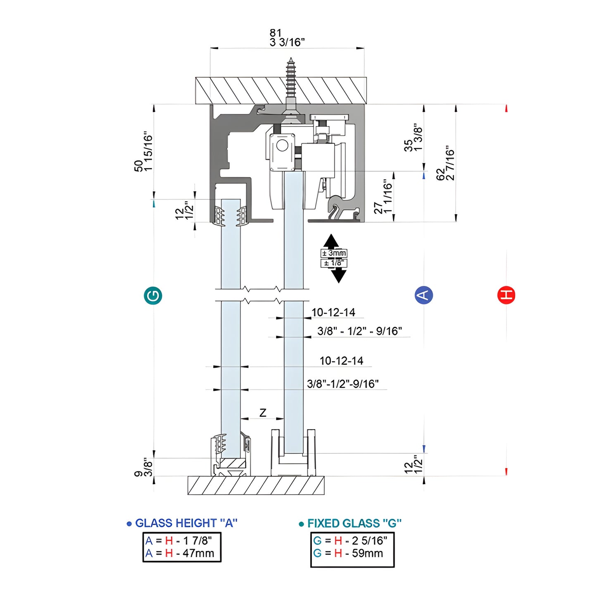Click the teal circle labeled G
(x=153, y=296)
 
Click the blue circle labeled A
(x=423, y=295)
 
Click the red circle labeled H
(x=506, y=295)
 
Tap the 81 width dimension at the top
(x=276, y=33)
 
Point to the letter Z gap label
(x=263, y=412)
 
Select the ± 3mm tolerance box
(x=334, y=253)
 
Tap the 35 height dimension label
(x=408, y=145)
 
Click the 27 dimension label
(x=378, y=208)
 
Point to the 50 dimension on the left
(x=138, y=165)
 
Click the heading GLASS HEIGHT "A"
(x=186, y=523)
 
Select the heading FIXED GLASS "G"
(x=354, y=523)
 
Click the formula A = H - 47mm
(x=180, y=553)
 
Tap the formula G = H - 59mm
(x=348, y=553)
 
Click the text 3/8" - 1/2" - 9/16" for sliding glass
(x=359, y=331)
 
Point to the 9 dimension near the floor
(x=138, y=473)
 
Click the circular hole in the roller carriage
(x=282, y=145)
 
